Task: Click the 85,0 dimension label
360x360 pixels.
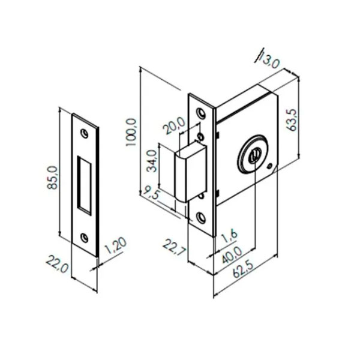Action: click(53, 178)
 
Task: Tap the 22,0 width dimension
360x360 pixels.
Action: click(58, 264)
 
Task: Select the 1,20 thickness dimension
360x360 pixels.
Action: click(116, 246)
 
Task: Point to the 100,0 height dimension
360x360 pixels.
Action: click(132, 132)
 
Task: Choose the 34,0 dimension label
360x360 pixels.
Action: click(152, 161)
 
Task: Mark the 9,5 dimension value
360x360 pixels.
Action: click(151, 193)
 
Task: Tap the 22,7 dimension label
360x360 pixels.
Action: click(175, 247)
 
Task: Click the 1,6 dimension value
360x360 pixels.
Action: click(230, 236)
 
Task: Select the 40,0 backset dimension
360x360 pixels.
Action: click(232, 256)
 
